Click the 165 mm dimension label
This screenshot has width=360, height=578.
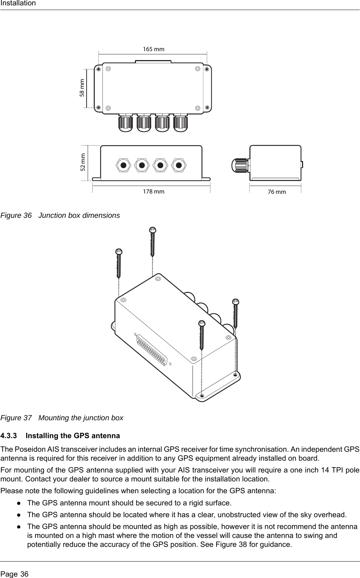coord(154,49)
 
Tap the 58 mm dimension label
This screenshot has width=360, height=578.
coord(83,88)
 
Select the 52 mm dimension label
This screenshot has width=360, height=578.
coord(83,162)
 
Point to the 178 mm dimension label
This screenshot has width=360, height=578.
coord(154,191)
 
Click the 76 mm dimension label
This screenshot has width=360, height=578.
coord(277,192)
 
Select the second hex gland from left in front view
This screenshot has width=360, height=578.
coord(142,165)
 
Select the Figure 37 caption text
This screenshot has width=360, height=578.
coord(81,418)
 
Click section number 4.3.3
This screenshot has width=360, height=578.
coord(9,436)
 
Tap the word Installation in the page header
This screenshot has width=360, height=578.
coord(18,4)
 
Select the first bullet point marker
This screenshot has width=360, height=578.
coord(18,503)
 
